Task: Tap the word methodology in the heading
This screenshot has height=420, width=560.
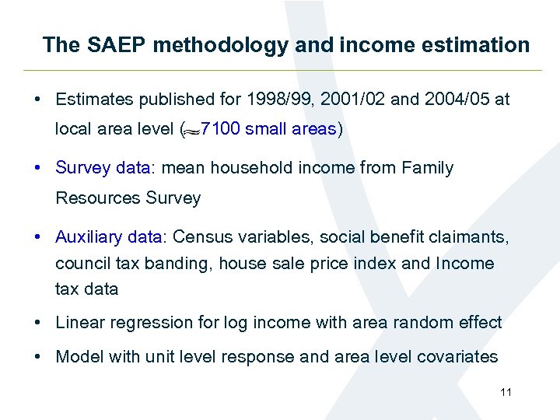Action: (x=221, y=45)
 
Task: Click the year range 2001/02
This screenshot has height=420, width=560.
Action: (x=354, y=100)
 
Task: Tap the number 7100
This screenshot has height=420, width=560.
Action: (x=220, y=129)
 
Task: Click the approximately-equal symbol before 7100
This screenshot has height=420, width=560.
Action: (x=189, y=131)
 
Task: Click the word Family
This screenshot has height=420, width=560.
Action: (x=427, y=168)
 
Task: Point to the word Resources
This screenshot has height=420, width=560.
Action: (x=97, y=198)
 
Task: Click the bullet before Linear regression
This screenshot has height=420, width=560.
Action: (x=38, y=323)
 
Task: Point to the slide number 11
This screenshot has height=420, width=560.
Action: (x=506, y=392)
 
